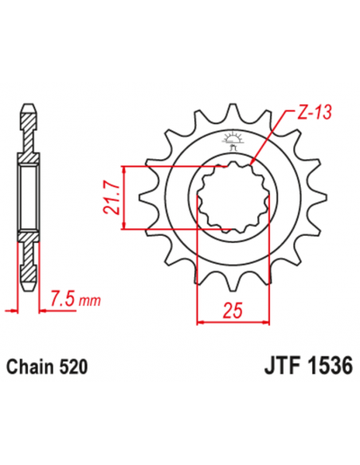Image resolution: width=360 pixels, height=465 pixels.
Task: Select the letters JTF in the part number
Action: tap(280, 368)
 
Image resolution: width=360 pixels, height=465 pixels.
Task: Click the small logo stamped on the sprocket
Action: tap(233, 141)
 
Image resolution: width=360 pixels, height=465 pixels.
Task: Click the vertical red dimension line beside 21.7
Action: tap(125, 197)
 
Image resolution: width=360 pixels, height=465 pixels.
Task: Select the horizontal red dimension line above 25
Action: tap(231, 322)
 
